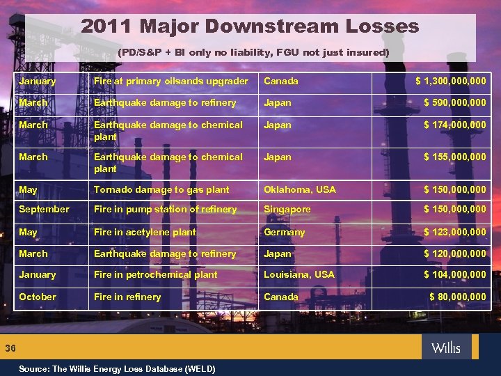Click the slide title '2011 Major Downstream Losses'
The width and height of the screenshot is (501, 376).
point(250,27)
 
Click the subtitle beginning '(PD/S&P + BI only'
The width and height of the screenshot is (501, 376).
point(253,52)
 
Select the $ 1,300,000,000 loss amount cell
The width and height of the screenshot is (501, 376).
point(450,81)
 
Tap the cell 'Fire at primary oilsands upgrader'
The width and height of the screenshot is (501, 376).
point(170,81)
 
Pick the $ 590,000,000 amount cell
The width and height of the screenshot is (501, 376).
point(455,103)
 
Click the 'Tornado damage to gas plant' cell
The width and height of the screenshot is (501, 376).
point(161,189)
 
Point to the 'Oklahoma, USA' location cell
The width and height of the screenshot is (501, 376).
point(299,189)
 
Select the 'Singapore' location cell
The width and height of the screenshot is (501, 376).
point(287,210)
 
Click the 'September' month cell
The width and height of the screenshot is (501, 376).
point(44,210)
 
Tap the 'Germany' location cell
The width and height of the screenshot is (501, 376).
point(284,232)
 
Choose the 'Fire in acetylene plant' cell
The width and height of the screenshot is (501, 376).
point(145,232)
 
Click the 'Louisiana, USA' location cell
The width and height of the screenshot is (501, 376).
point(299,275)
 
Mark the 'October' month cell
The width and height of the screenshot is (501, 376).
point(38,297)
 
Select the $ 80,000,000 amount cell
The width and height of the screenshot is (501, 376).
point(457,297)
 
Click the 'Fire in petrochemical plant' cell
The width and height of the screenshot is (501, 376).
point(156,275)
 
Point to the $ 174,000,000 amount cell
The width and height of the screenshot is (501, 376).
point(455,125)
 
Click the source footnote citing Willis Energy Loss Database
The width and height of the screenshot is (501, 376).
point(117,368)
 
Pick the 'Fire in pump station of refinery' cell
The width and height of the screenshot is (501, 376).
point(165,210)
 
